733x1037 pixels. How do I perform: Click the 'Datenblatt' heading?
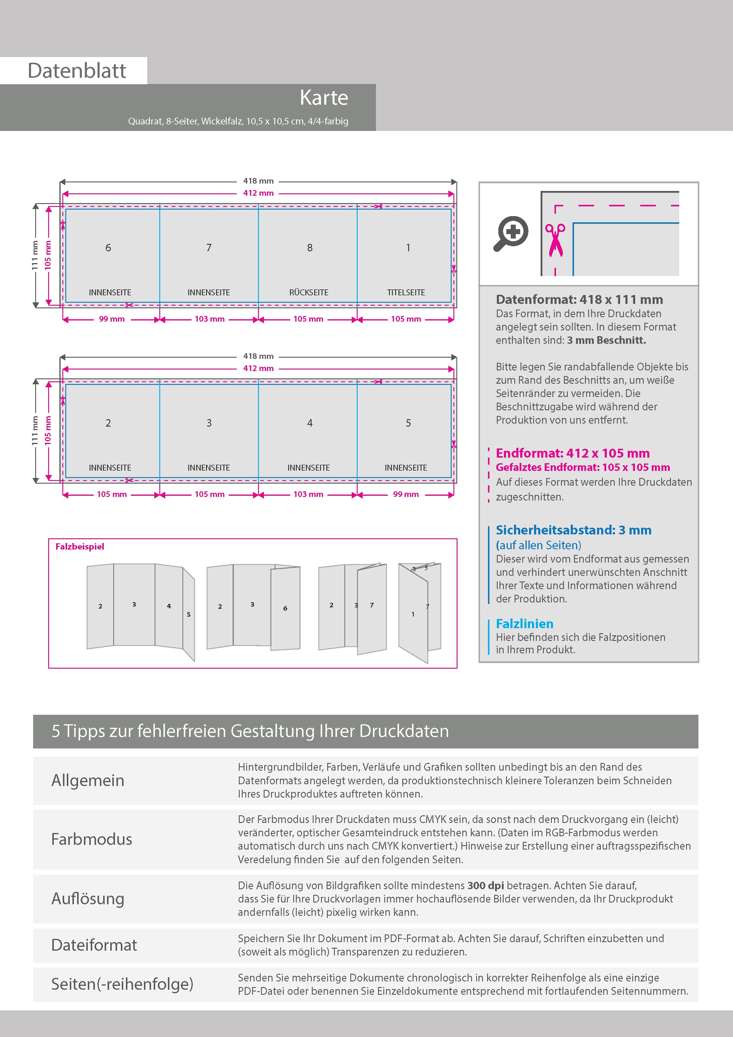click(x=77, y=71)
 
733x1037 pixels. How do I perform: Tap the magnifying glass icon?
click(x=511, y=233)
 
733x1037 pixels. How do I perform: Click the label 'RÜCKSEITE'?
click(x=309, y=293)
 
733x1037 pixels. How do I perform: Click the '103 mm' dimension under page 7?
click(x=210, y=319)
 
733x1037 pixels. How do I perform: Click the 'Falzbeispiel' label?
click(x=80, y=547)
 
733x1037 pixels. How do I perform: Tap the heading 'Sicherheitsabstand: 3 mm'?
click(x=573, y=530)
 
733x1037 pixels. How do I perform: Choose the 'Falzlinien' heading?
click(x=524, y=624)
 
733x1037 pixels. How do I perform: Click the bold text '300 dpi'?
click(x=486, y=886)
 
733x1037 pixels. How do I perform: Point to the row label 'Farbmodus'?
click(x=92, y=839)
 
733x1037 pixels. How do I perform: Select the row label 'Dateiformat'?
click(x=94, y=945)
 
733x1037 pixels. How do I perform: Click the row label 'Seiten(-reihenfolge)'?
click(x=122, y=984)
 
